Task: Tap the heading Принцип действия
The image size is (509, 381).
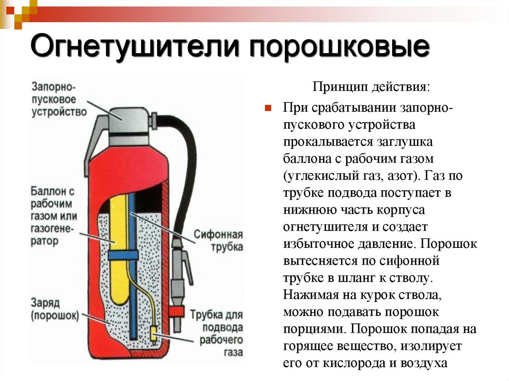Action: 371,87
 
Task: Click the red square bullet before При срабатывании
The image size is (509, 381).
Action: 268,108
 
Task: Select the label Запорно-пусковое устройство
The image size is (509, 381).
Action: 59,99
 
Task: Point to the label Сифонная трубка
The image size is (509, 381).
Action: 219,240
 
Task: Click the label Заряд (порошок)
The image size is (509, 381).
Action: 55,309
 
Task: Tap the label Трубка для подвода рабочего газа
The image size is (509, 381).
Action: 217,333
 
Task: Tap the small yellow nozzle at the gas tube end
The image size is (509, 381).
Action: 154,335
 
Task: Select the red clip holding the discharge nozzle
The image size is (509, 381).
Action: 176,312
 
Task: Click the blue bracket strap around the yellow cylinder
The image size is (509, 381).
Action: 123,255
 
